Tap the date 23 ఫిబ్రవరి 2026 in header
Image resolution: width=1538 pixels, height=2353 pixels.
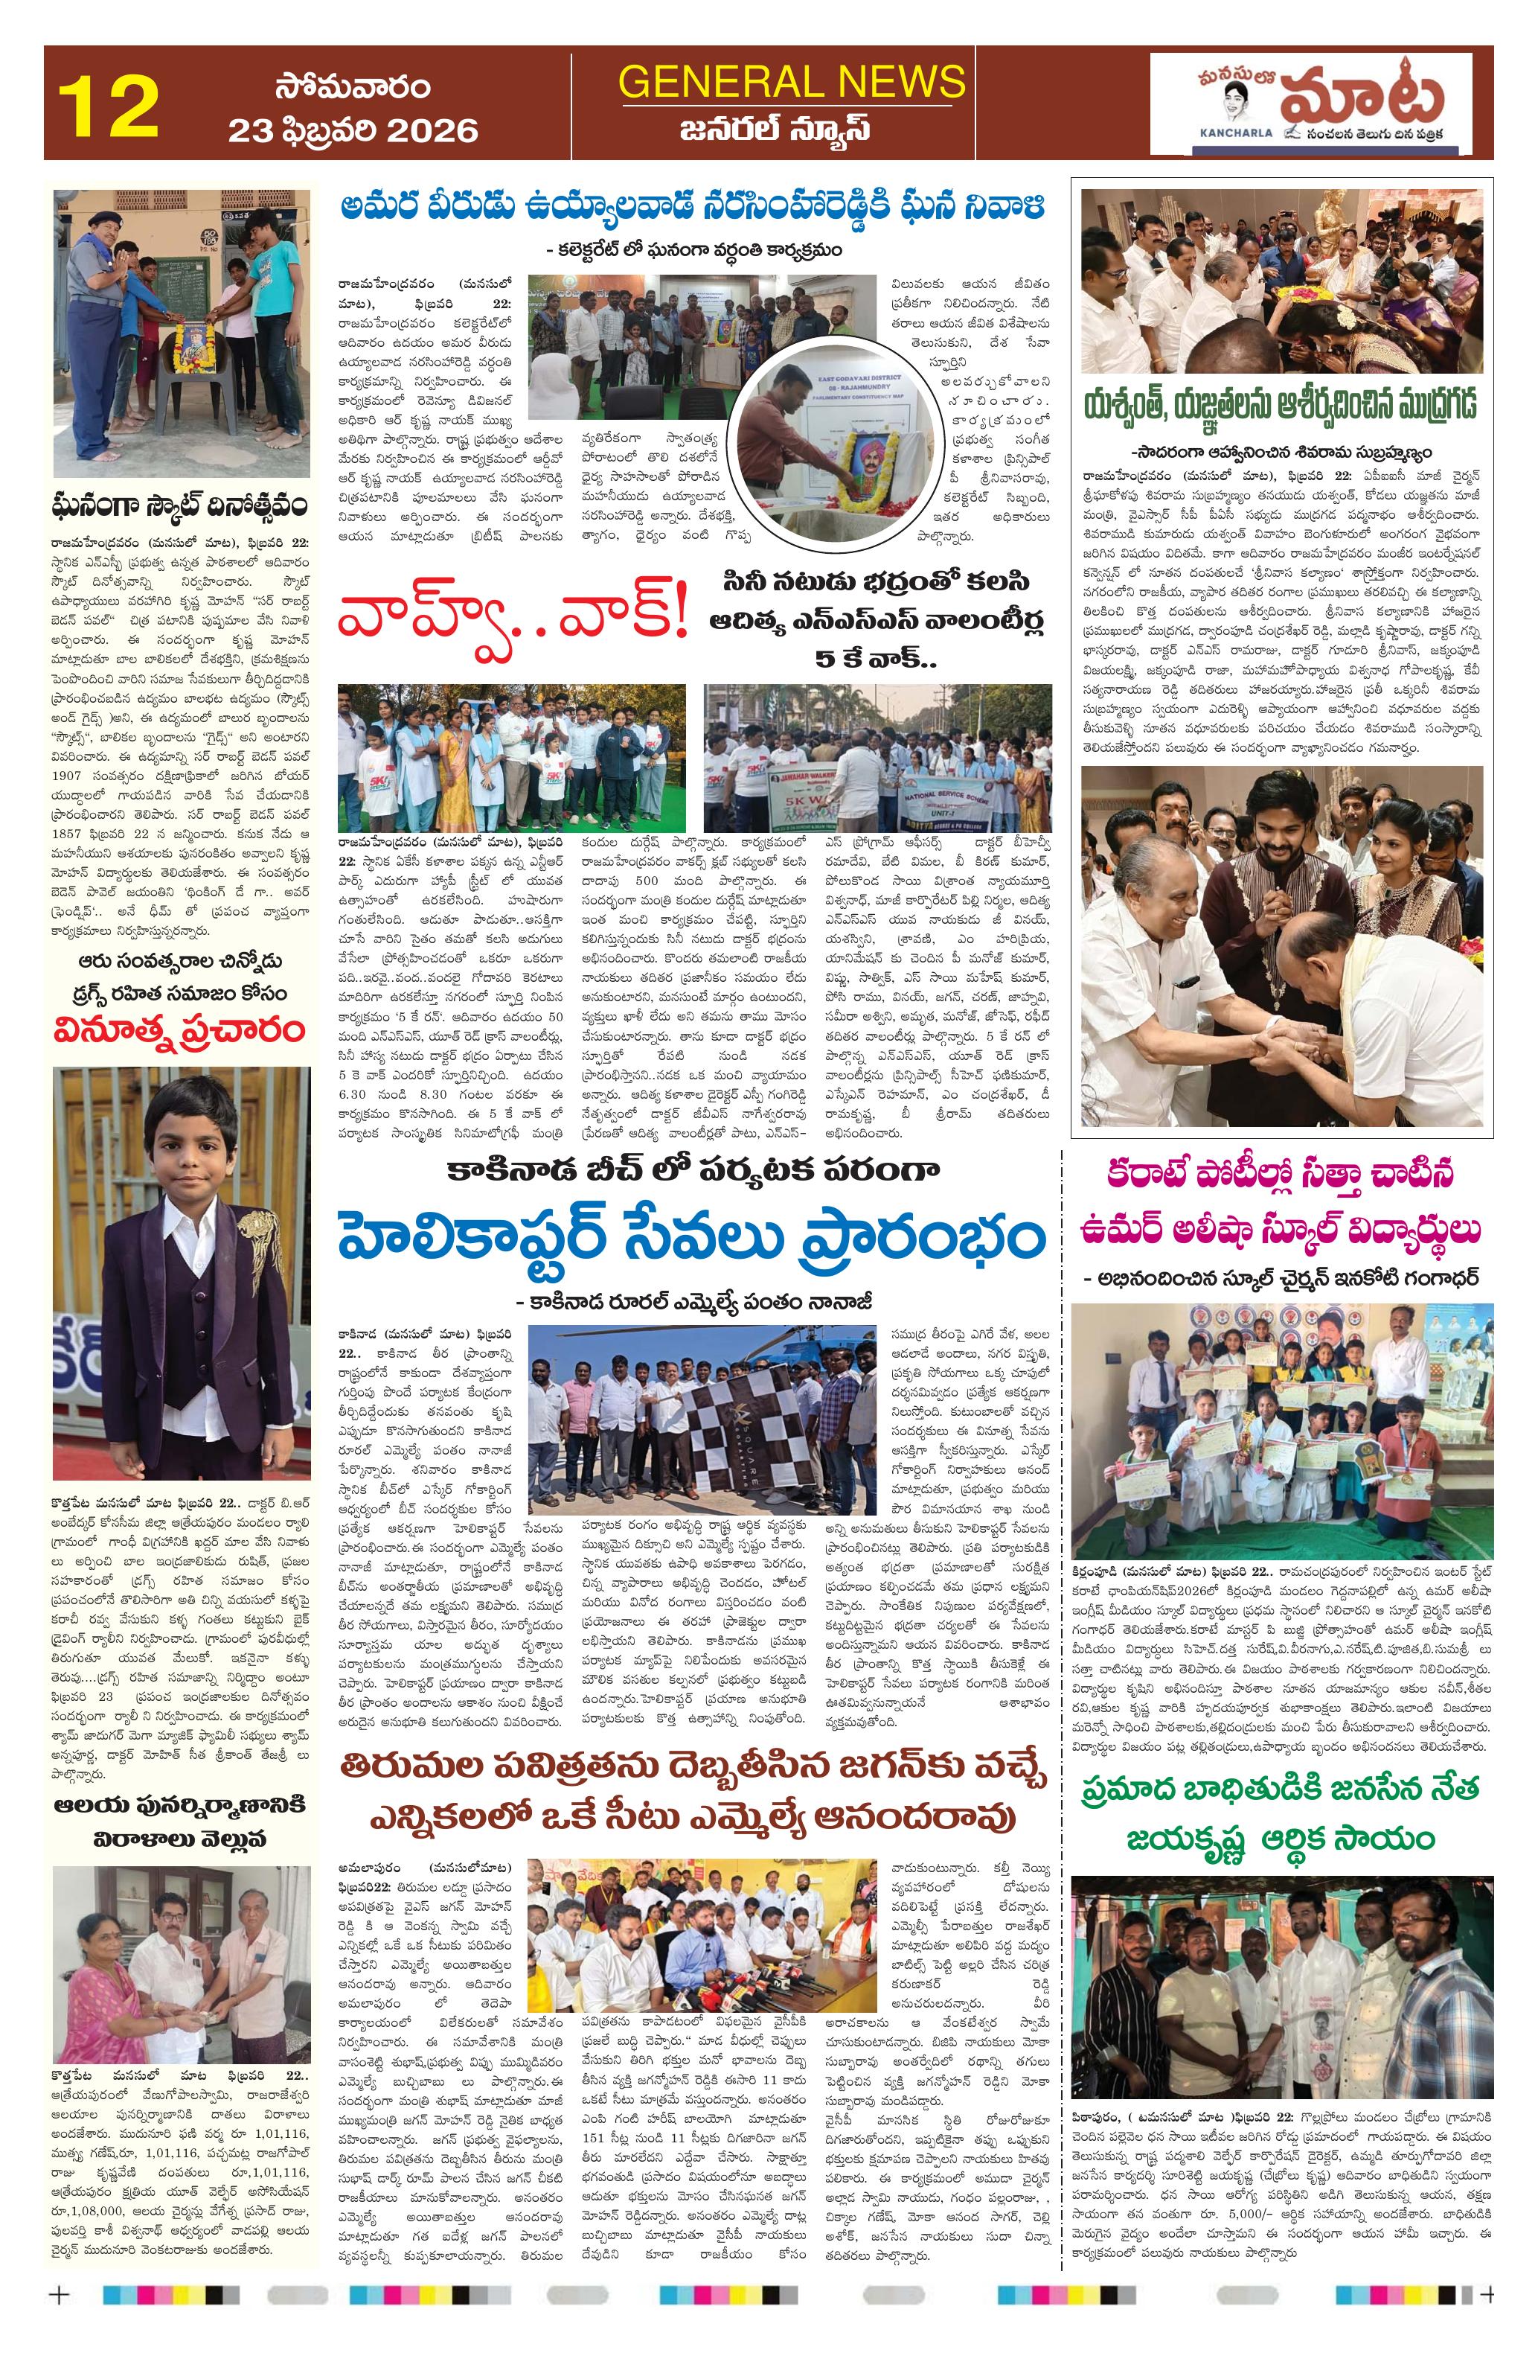[x=353, y=130]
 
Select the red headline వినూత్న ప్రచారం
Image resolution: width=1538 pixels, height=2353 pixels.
[x=178, y=1029]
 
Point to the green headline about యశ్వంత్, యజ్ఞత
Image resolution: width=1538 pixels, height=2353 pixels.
[x=1281, y=406]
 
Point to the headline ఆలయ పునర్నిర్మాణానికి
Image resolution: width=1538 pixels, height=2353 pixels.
[x=178, y=1777]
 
